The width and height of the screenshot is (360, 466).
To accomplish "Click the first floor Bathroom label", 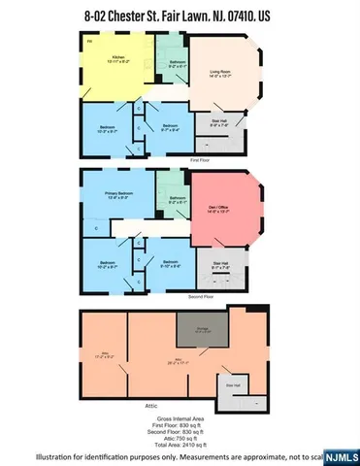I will (178, 65).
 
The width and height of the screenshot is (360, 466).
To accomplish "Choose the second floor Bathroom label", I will (178, 201).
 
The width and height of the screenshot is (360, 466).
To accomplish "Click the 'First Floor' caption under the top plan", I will (199, 158).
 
